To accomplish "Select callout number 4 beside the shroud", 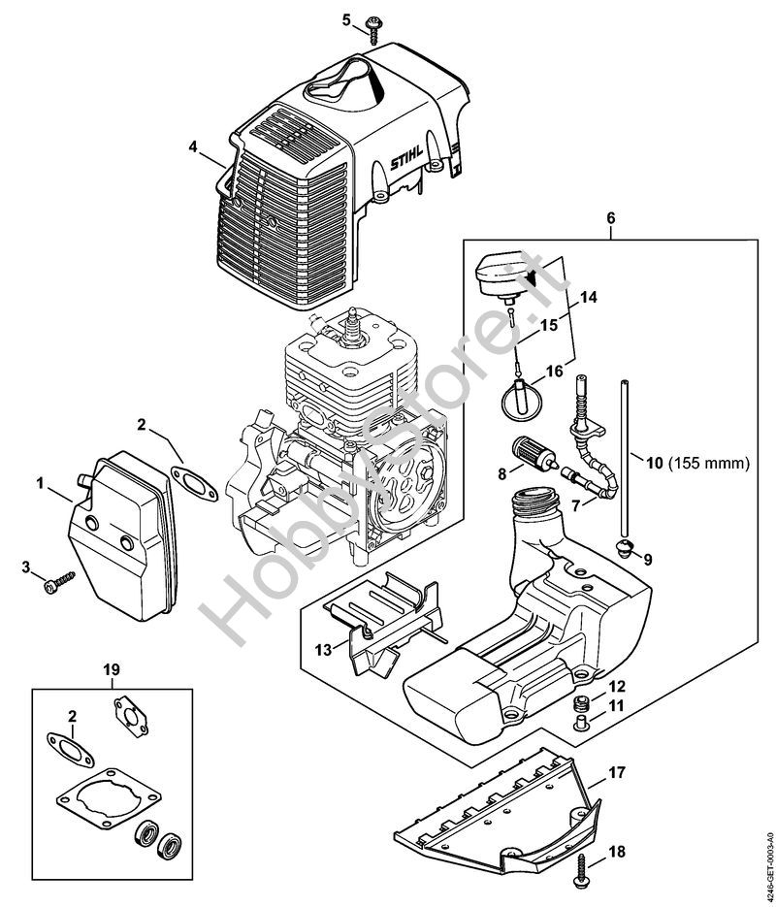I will (x=193, y=146).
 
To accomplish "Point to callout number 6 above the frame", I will (x=611, y=218).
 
